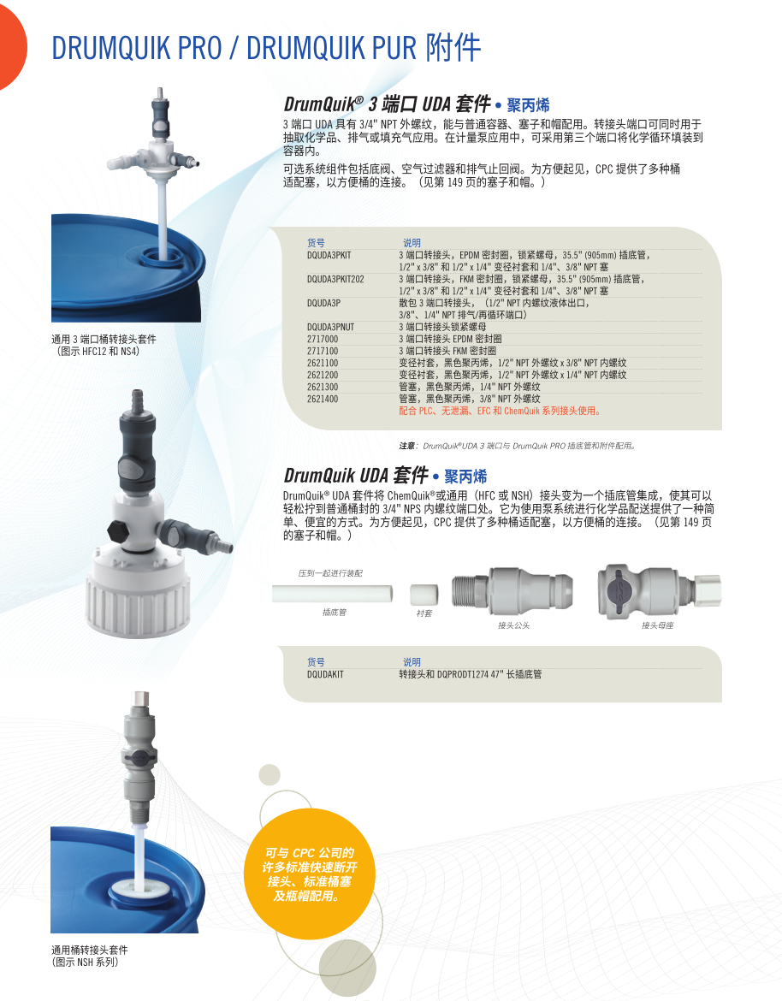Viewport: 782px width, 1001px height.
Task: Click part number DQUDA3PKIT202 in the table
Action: pyautogui.click(x=335, y=279)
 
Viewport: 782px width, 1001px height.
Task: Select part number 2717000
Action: pyautogui.click(x=323, y=339)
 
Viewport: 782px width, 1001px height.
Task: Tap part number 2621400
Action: pyautogui.click(x=323, y=399)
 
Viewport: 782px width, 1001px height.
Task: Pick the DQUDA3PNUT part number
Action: pyautogui.click(x=330, y=327)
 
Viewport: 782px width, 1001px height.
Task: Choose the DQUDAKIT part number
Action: pyautogui.click(x=325, y=674)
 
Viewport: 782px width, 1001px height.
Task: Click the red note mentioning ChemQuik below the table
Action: pyautogui.click(x=500, y=412)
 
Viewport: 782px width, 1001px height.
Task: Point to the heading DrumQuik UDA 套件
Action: pyautogui.click(x=356, y=476)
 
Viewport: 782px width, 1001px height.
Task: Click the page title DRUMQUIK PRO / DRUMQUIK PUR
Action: pyautogui.click(x=234, y=48)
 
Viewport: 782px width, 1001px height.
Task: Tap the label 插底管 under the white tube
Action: pyautogui.click(x=335, y=613)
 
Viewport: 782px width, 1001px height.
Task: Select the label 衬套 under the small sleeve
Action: pyautogui.click(x=424, y=613)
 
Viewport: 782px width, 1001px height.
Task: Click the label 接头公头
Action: pyautogui.click(x=514, y=625)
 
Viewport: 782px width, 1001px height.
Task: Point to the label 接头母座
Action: pyautogui.click(x=658, y=625)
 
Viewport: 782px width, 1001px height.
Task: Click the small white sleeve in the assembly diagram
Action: pyautogui.click(x=424, y=595)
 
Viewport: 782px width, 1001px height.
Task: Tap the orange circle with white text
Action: pyautogui.click(x=310, y=874)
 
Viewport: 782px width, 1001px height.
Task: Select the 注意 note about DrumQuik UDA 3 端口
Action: pyautogui.click(x=518, y=446)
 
